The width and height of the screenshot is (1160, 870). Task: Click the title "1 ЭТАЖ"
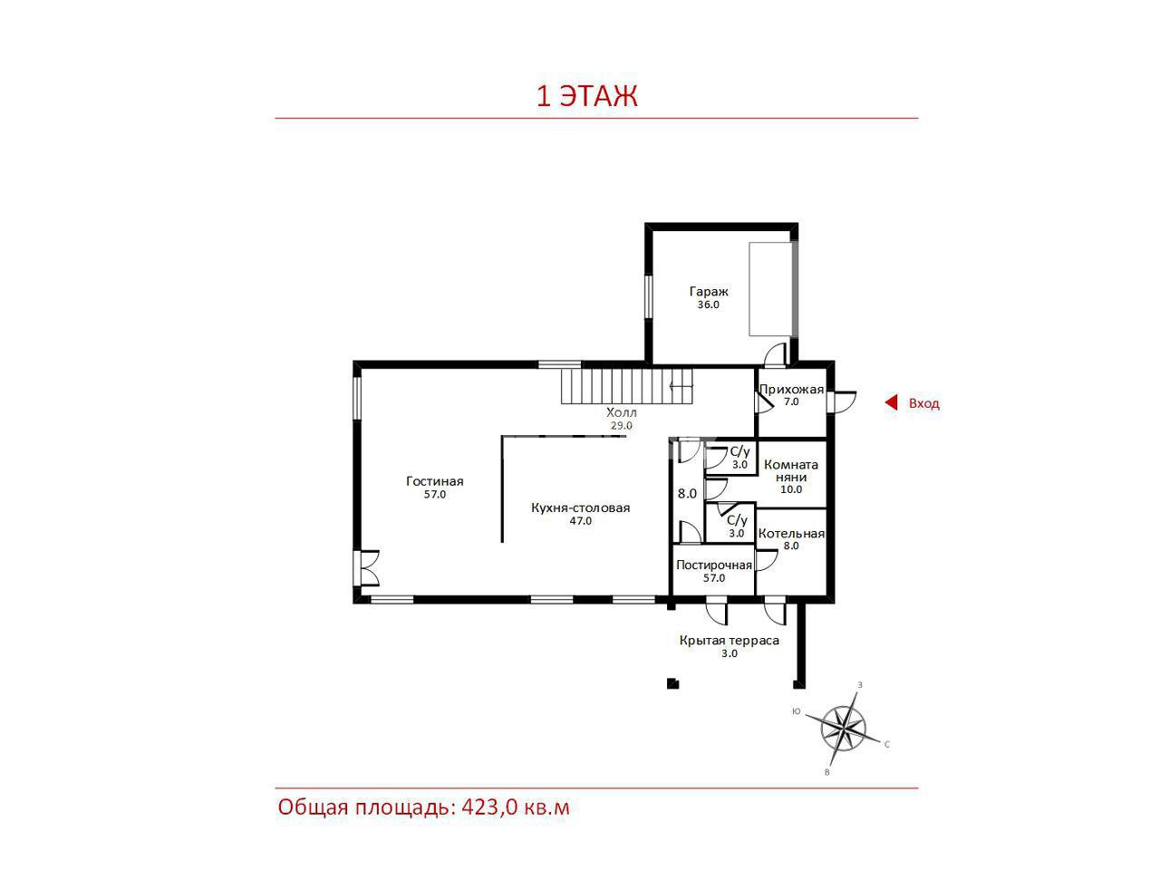coord(586,96)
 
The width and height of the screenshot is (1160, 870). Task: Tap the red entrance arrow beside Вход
coord(891,403)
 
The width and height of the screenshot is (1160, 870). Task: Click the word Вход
coord(923,403)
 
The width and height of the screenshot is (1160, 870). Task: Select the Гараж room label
coord(708,291)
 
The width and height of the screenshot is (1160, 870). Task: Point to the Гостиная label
coord(434,481)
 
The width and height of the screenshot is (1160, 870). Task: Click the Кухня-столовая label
coord(580,507)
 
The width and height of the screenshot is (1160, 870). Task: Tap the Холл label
coord(621,412)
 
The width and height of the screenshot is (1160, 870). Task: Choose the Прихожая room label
coord(791,390)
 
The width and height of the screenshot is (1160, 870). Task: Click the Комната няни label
coord(791,470)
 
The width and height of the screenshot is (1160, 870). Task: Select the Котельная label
coord(791,534)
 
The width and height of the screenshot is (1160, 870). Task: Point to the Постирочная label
coord(714,565)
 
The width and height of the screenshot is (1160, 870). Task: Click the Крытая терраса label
coord(729,641)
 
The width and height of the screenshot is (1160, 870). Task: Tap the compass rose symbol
coord(843,730)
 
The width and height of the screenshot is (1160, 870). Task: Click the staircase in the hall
coord(626,386)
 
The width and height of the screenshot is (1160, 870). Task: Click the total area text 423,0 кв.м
coord(516,807)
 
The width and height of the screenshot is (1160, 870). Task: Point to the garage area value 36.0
coord(708,304)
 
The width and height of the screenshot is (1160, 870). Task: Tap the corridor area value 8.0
coord(687,493)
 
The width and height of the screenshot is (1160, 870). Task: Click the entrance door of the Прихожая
coord(842,401)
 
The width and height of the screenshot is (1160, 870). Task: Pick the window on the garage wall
coord(648,297)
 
